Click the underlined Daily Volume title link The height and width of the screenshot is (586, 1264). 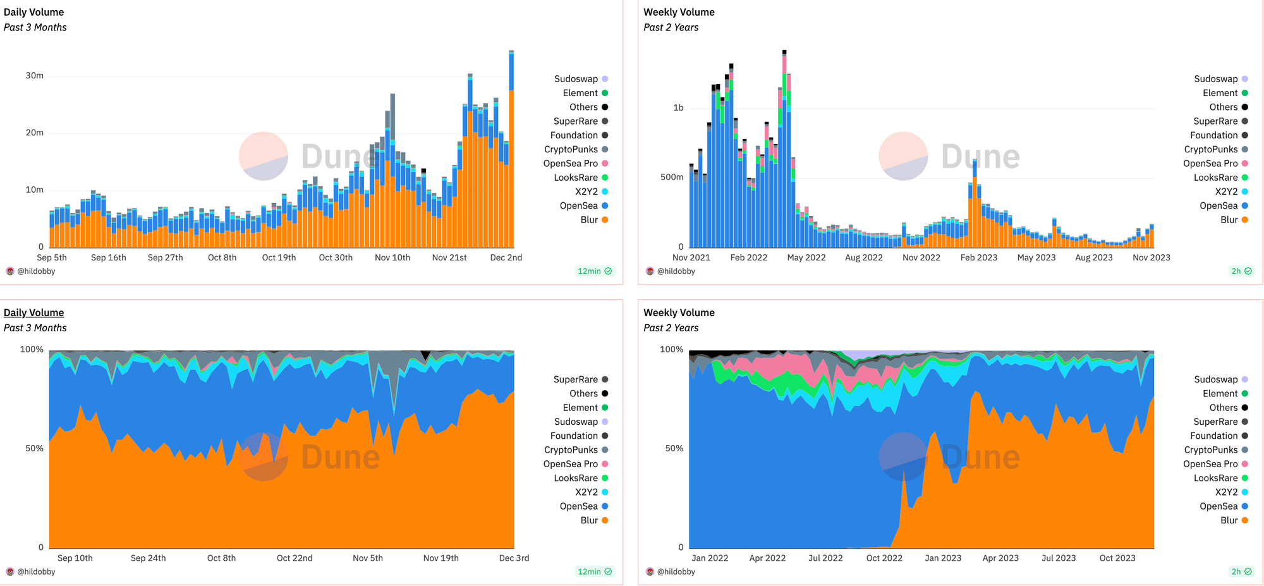coord(33,312)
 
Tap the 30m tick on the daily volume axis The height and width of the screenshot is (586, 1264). coord(34,75)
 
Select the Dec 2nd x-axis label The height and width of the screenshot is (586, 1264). coord(506,257)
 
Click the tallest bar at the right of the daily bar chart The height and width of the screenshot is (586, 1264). coord(511,152)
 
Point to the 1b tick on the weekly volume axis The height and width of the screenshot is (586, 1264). coord(678,107)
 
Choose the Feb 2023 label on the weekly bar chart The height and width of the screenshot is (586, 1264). coord(978,257)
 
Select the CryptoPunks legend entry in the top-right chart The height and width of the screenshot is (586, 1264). coord(1210,149)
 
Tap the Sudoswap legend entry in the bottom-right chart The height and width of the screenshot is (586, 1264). coord(1215,379)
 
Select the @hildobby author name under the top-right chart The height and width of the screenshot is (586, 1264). coord(676,271)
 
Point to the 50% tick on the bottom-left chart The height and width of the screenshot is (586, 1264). coord(34,448)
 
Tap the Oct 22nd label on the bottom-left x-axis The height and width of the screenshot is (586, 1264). coord(295,558)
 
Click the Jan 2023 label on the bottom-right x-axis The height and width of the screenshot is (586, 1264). coord(942,558)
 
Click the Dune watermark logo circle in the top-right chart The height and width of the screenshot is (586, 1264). coord(903,156)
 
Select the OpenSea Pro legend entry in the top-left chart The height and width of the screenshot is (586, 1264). coord(570,163)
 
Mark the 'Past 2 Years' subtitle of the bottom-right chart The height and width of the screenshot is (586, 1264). coord(671,327)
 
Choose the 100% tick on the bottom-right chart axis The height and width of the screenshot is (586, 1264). coord(671,349)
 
